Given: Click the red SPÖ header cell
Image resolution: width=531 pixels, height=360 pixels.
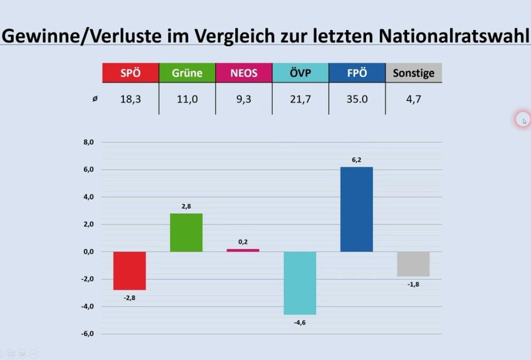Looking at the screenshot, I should click(x=130, y=73).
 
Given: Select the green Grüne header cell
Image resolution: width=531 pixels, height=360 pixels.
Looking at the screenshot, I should click(x=187, y=73).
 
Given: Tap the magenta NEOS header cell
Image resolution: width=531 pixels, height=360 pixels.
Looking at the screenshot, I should click(x=243, y=73).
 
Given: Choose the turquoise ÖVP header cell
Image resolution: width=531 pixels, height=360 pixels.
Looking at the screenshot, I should click(x=300, y=73).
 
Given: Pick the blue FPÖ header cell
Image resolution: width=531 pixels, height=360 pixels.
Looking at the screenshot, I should click(x=357, y=73).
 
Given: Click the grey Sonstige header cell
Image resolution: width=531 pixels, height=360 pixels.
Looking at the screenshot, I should click(x=414, y=73).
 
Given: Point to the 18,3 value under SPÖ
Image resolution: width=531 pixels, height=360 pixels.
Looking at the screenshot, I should click(x=130, y=99).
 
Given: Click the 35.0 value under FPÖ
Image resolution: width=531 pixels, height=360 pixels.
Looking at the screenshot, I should click(x=357, y=99).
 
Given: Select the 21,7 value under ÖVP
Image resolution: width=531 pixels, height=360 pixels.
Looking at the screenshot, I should click(x=300, y=99).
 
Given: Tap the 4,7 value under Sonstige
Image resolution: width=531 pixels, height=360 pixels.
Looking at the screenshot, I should click(x=414, y=99).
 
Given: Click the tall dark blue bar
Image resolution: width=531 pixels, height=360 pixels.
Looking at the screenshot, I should click(x=357, y=209).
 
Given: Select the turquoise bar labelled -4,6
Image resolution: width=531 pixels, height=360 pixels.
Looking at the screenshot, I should click(x=300, y=283).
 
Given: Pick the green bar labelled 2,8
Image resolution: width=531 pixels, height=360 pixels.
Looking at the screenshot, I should click(x=187, y=233).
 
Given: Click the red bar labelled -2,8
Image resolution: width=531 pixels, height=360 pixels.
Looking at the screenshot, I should click(x=130, y=271).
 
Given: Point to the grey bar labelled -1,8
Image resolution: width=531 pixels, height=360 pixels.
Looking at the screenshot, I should click(x=413, y=264).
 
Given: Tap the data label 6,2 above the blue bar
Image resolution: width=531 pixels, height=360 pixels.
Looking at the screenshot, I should click(x=357, y=159).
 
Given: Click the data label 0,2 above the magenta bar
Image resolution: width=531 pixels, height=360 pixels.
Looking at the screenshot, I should click(x=243, y=241).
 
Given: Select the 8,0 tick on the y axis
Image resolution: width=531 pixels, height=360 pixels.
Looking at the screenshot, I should click(x=89, y=142).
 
